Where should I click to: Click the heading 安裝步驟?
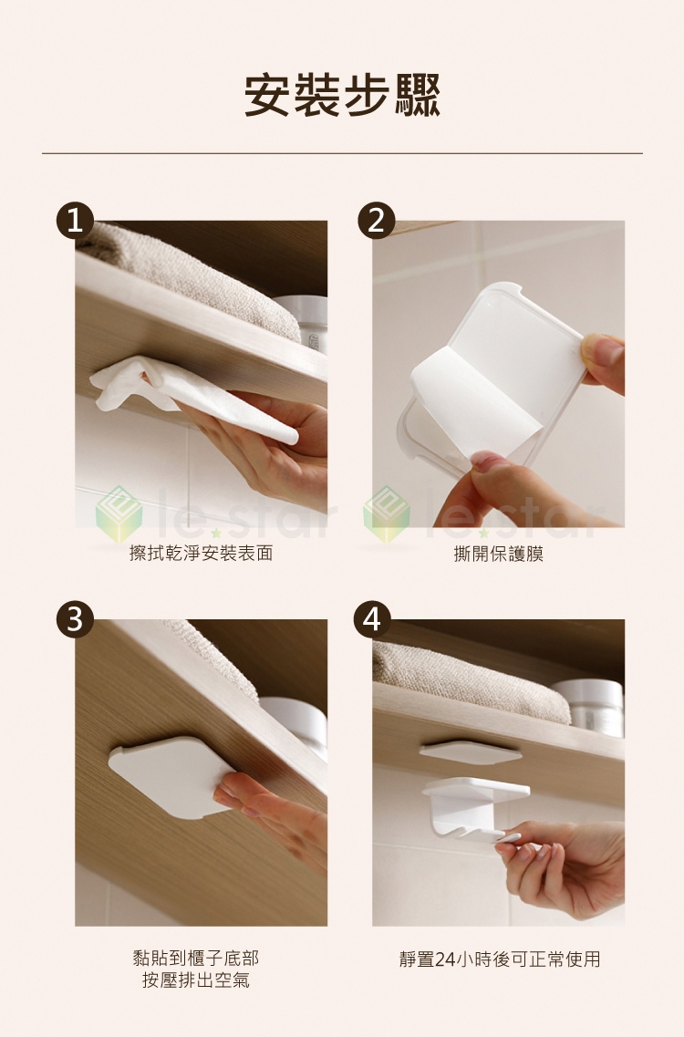342,95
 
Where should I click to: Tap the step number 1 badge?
75,220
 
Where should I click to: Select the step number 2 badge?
377,220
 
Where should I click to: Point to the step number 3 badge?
75,619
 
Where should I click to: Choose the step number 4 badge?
372,619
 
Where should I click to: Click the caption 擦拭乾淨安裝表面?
202,553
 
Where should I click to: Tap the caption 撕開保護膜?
499,554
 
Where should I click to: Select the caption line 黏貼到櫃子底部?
196,957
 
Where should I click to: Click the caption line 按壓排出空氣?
196,980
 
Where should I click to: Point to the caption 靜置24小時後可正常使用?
500,959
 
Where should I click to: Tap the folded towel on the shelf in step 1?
192,278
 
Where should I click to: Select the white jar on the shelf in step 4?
588,708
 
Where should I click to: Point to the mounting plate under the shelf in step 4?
471,752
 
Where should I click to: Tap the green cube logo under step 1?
119,513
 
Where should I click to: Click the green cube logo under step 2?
387,513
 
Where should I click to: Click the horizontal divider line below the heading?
342,153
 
